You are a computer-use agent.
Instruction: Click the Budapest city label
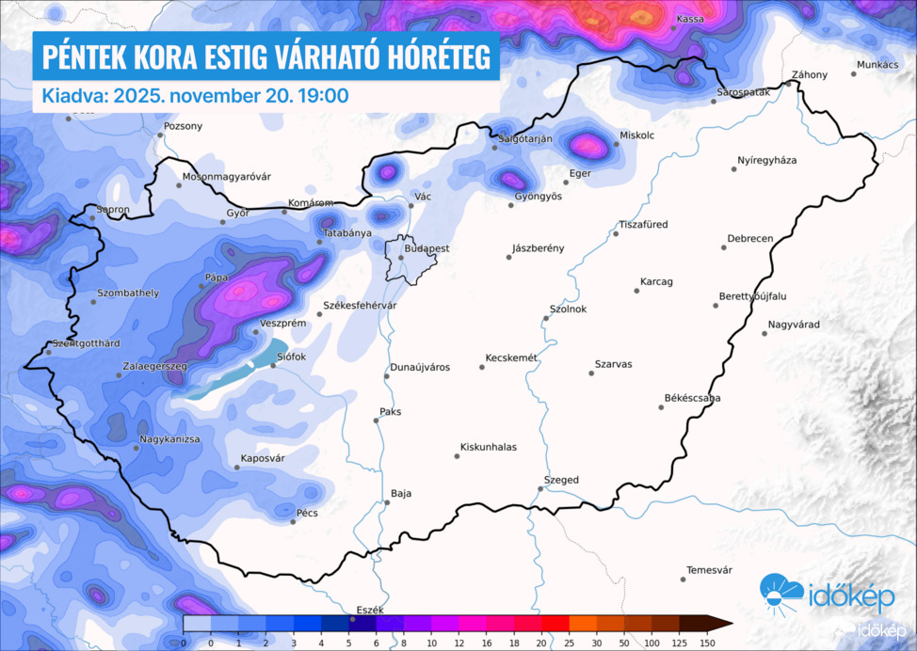427,249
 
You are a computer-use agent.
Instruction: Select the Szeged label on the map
563,480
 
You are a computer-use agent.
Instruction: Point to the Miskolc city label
637,135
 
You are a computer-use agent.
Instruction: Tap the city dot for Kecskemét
482,367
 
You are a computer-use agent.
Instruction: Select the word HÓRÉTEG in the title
428,58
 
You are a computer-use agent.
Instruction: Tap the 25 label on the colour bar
569,642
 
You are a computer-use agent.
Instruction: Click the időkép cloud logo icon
782,592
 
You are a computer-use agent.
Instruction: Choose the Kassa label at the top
690,19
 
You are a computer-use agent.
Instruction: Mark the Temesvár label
710,570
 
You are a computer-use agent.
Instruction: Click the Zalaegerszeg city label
155,366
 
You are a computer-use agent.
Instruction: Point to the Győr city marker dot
223,223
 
